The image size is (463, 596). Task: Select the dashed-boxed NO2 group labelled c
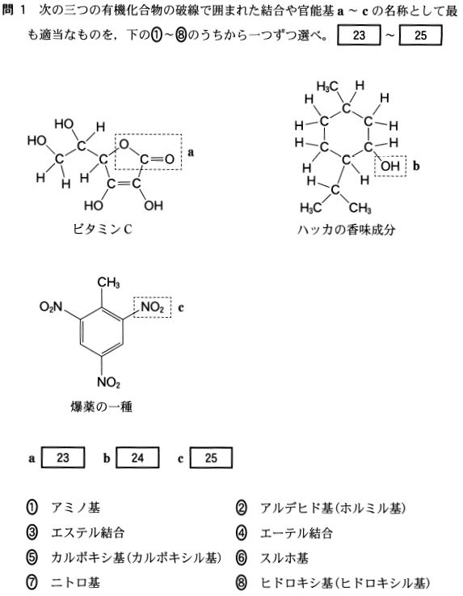(x=152, y=306)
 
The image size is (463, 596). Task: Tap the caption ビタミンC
(x=103, y=229)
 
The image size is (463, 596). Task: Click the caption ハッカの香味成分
(x=346, y=230)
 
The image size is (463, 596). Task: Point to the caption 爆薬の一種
(x=102, y=407)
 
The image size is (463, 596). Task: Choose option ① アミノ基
(x=63, y=508)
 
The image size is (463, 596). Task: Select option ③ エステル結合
(x=75, y=533)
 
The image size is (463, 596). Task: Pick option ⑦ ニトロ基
(x=63, y=582)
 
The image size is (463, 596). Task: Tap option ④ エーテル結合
(x=284, y=533)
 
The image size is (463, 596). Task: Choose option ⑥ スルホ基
(x=272, y=558)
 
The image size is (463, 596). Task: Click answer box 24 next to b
(x=137, y=457)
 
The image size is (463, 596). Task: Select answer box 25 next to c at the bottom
(x=211, y=457)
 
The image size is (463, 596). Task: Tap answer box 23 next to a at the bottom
(x=63, y=457)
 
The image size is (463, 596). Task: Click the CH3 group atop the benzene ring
(x=108, y=283)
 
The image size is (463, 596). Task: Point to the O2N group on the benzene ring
(x=51, y=307)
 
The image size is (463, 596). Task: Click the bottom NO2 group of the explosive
(x=108, y=382)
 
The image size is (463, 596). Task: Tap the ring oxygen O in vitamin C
(x=124, y=144)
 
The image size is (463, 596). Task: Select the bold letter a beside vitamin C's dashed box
(x=191, y=152)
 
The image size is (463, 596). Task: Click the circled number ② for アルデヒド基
(x=241, y=508)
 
